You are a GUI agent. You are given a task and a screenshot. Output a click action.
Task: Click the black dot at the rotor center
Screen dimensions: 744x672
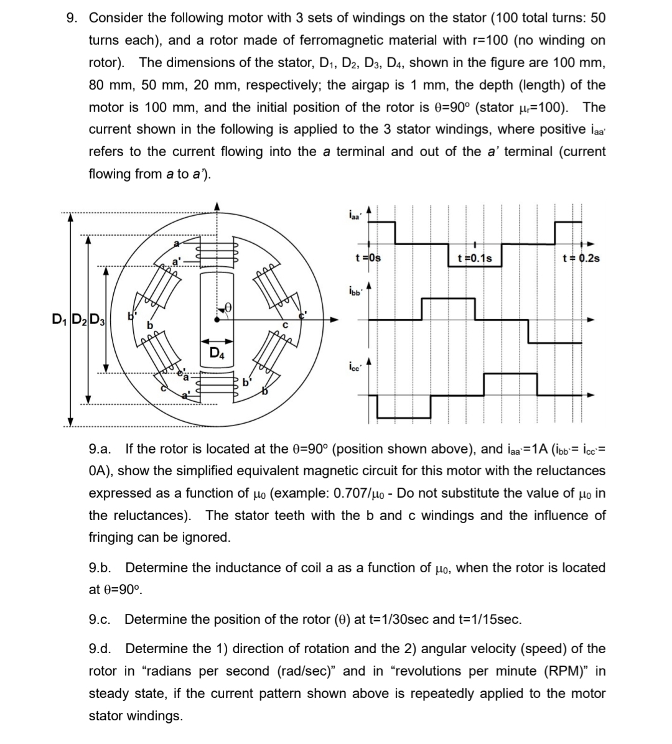216,320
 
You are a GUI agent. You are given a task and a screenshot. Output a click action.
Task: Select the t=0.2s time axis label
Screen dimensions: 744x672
581,258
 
